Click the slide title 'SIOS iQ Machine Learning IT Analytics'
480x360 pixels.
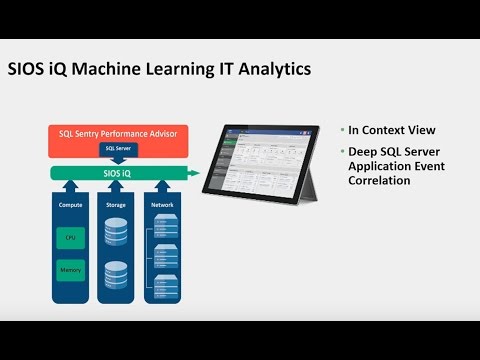click(159, 69)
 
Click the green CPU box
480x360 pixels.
click(69, 237)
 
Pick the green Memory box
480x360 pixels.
click(69, 270)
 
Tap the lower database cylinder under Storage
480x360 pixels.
click(117, 276)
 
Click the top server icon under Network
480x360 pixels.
click(166, 232)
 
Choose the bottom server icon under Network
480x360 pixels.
click(166, 288)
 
